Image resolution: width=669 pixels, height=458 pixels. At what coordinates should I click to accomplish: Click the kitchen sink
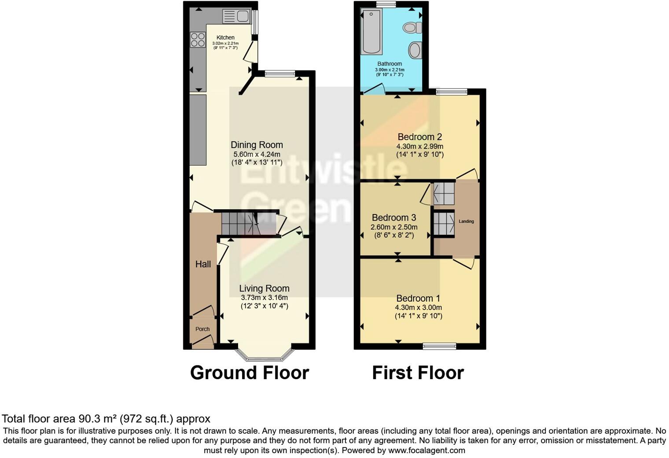[236, 16]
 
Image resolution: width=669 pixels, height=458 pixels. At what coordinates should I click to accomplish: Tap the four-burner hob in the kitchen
[198, 40]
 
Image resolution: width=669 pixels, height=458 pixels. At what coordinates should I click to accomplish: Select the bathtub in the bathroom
[370, 32]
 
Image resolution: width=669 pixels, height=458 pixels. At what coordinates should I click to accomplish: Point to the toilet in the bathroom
[412, 28]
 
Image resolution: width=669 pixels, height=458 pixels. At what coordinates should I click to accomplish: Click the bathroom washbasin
[414, 50]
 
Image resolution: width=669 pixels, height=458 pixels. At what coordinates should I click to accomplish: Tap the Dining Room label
[257, 145]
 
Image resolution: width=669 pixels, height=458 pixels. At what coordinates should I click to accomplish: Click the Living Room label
[264, 288]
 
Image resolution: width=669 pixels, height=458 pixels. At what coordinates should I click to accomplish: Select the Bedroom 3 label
[393, 218]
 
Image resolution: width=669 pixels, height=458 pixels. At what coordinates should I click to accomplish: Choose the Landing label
[466, 222]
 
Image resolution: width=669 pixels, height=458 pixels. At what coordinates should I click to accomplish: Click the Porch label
[202, 329]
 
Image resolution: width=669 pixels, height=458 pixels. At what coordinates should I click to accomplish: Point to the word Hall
[203, 264]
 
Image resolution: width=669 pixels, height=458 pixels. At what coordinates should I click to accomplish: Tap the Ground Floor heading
[249, 373]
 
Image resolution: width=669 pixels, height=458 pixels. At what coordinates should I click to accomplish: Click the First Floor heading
[418, 373]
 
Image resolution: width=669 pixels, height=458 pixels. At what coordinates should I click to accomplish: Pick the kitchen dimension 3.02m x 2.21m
[225, 43]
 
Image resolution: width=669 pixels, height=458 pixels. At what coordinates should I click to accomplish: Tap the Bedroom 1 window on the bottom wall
[439, 347]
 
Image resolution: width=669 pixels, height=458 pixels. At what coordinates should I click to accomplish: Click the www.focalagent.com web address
[426, 451]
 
